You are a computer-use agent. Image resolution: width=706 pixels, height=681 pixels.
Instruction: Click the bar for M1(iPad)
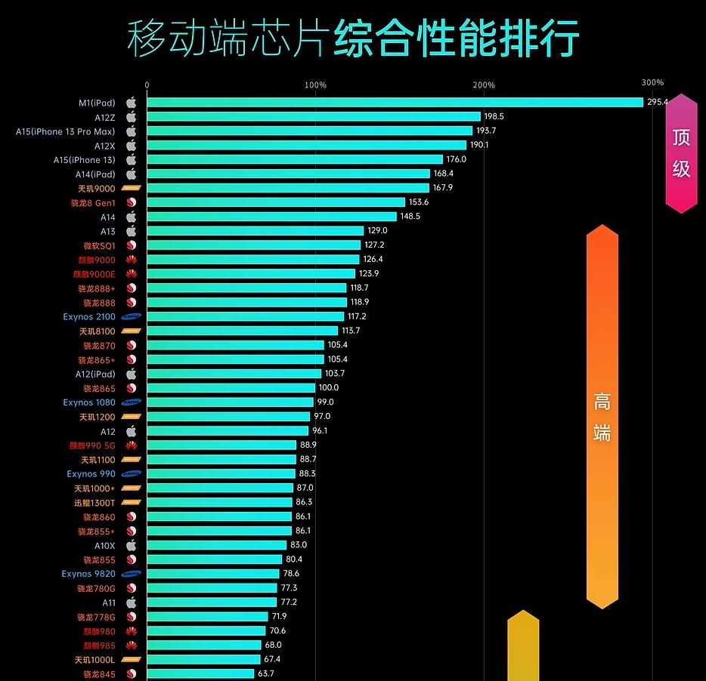pos(393,102)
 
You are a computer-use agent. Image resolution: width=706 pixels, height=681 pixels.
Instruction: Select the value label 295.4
pos(658,102)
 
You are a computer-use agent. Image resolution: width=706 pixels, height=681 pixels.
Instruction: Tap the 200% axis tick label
pos(484,85)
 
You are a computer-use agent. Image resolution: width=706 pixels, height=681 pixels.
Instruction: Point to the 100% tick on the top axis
pos(315,85)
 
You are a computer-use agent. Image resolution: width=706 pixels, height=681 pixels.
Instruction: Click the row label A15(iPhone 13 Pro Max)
pos(66,131)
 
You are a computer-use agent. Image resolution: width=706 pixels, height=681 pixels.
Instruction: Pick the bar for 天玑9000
pos(287,188)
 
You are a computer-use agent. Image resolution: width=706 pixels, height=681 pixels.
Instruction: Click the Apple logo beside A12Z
pos(131,117)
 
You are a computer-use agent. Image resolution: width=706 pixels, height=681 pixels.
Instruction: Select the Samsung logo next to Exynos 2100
pos(131,317)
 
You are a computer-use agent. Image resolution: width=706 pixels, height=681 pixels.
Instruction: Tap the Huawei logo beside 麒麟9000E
pos(131,274)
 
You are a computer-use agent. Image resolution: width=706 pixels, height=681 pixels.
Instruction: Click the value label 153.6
pos(418,202)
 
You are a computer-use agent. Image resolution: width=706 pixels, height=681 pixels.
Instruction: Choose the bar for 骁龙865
pos(231,388)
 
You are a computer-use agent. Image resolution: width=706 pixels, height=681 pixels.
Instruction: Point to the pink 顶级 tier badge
pos(681,153)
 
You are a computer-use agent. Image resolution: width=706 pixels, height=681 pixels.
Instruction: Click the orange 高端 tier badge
pos(602,417)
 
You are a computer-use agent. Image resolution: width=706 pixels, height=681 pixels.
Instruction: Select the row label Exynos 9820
pos(88,574)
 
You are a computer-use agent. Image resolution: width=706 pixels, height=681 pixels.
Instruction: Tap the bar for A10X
pos(216,545)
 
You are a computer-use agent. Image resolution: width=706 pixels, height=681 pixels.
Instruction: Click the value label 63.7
pos(265,673)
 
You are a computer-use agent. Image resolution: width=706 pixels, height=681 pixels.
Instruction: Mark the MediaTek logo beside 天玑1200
pos(131,417)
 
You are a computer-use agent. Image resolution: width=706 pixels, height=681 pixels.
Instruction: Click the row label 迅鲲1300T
pos(94,503)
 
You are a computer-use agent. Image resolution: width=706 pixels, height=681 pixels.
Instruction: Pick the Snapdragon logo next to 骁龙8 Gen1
pos(131,202)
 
